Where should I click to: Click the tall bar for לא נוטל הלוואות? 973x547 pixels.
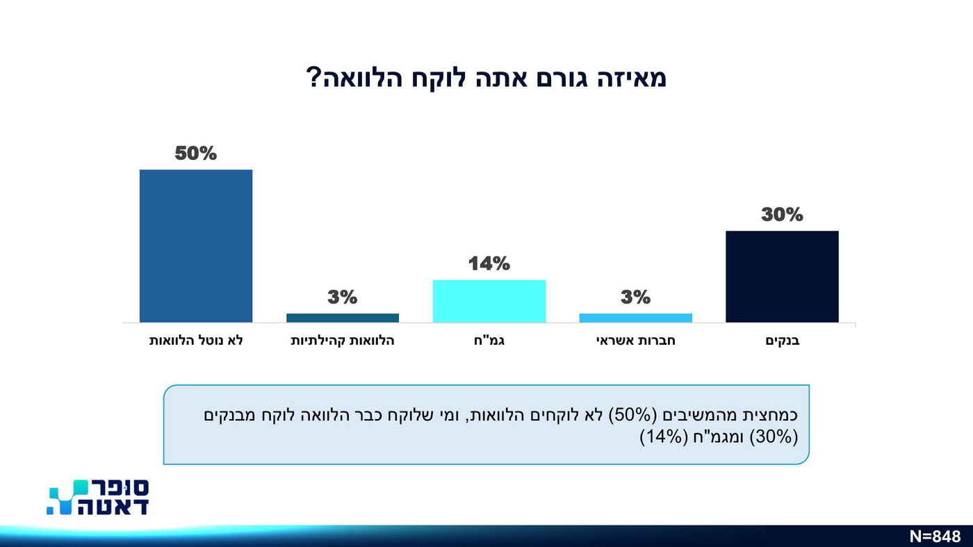click(x=196, y=246)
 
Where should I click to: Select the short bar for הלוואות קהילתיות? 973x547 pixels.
click(x=343, y=318)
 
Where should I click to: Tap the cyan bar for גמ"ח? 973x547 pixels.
click(x=489, y=301)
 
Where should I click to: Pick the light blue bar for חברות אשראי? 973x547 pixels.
click(x=635, y=318)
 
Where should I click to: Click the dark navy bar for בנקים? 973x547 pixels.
click(x=782, y=277)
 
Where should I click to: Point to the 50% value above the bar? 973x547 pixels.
click(x=196, y=154)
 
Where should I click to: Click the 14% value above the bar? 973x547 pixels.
click(x=489, y=264)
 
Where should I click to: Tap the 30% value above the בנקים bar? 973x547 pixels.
click(x=782, y=215)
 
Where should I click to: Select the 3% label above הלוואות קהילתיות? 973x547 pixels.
click(x=343, y=297)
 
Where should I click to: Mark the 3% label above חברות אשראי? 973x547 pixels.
click(x=635, y=297)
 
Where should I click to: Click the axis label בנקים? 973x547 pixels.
click(x=782, y=341)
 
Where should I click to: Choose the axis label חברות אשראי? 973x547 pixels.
click(x=635, y=341)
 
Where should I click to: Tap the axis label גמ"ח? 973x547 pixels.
click(x=489, y=341)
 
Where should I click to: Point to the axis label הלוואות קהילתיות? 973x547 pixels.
click(x=343, y=341)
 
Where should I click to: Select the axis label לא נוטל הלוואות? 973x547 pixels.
click(x=196, y=341)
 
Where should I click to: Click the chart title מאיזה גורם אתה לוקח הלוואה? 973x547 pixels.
click(x=486, y=77)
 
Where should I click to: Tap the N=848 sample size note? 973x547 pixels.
click(x=935, y=536)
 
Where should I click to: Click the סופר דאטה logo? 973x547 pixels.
click(x=98, y=497)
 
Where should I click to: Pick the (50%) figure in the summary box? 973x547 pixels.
click(x=630, y=416)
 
